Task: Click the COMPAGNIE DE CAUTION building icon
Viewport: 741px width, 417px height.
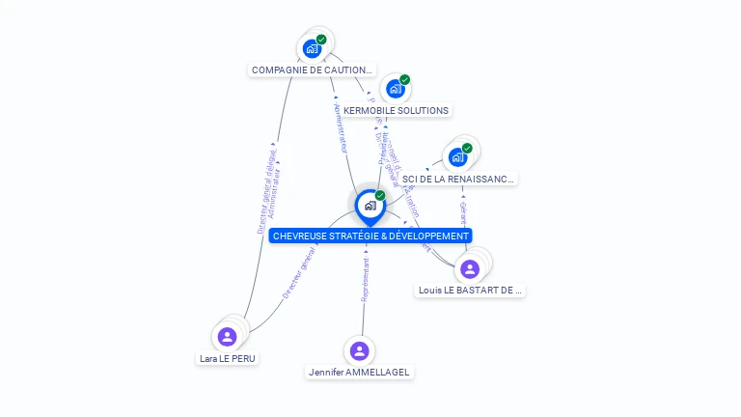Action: pos(312,48)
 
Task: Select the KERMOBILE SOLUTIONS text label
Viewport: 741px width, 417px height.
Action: pos(396,110)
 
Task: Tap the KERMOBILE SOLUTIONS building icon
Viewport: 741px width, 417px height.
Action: pos(395,89)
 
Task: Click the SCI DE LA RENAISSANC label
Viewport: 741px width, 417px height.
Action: pos(458,179)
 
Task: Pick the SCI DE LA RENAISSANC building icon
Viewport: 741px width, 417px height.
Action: pos(457,156)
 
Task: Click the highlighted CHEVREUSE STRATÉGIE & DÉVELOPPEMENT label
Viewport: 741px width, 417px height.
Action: pos(370,236)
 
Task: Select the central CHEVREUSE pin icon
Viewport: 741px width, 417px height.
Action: pos(370,206)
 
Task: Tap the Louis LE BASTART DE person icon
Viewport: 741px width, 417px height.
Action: pos(470,268)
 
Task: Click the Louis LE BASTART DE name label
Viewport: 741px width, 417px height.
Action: pos(471,290)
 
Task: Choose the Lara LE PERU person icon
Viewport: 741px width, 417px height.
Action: pos(227,337)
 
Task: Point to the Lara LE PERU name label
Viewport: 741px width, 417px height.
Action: pos(228,358)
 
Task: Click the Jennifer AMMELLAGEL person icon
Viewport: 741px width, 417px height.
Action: pos(359,350)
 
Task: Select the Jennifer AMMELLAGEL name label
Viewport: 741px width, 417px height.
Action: pos(359,372)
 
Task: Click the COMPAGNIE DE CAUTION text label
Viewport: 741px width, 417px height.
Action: pos(312,69)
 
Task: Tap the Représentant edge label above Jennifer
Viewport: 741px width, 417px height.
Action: pos(365,281)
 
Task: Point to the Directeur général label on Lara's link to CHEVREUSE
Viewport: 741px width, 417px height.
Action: pos(299,272)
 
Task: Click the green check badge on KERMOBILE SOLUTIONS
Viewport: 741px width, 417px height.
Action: pos(405,80)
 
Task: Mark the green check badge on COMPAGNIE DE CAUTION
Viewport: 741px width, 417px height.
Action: pos(321,40)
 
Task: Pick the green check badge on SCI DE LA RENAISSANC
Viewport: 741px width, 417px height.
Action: pos(467,149)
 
